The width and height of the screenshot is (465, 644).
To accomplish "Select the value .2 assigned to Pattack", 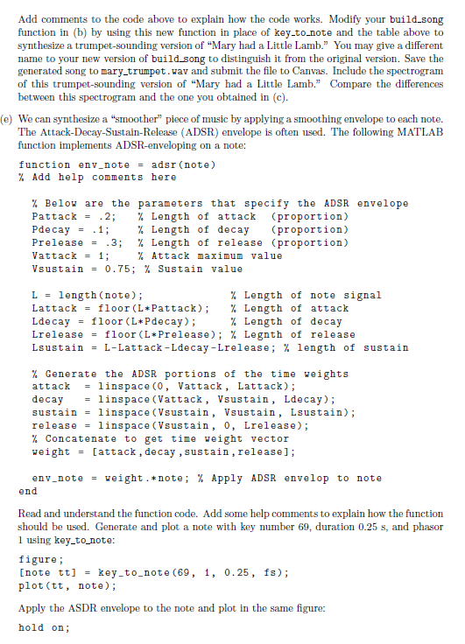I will tap(109, 216).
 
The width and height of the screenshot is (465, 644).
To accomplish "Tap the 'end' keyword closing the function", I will tap(28, 491).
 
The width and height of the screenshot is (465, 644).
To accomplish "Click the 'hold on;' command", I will tap(44, 627).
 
